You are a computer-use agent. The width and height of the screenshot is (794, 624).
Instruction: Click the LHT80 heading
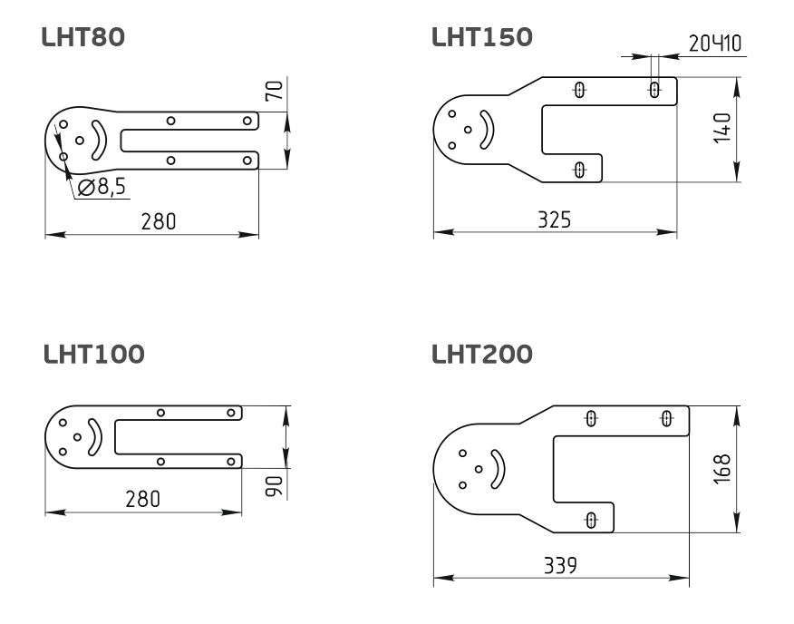(x=83, y=37)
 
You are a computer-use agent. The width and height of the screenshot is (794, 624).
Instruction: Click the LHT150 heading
(x=482, y=37)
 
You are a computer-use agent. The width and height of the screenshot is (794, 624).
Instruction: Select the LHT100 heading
(x=94, y=354)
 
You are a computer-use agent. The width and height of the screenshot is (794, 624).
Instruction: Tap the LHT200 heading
(x=482, y=354)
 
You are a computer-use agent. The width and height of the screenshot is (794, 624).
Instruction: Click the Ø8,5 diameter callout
(x=102, y=187)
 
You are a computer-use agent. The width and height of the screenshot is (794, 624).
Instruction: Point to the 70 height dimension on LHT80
(x=276, y=90)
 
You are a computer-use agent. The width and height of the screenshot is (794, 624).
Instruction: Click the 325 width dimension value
(x=554, y=220)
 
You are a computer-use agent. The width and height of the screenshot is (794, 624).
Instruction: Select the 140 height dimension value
(x=722, y=128)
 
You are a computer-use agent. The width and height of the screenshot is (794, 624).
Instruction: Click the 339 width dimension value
(x=560, y=565)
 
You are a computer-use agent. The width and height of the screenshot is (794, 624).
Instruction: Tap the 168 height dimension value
(x=722, y=469)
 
